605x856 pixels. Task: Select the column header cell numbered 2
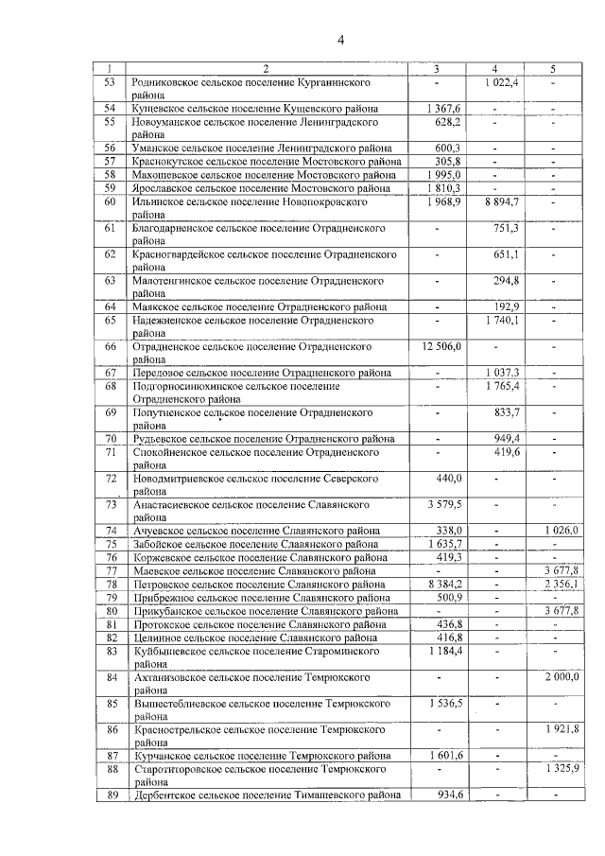click(266, 68)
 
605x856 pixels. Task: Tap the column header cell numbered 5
click(552, 68)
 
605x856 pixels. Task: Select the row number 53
click(110, 82)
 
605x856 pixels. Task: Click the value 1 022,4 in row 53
click(502, 82)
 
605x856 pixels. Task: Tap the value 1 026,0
click(560, 532)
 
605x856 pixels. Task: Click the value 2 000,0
click(560, 678)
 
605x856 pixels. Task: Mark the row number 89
click(110, 795)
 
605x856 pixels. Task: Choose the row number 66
click(110, 347)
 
